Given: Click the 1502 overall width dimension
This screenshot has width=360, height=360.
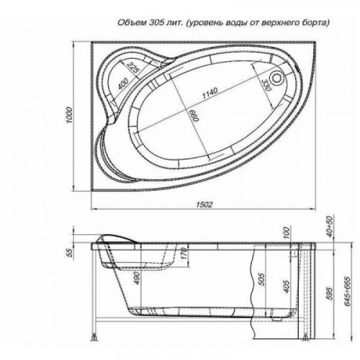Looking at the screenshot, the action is (x=204, y=204).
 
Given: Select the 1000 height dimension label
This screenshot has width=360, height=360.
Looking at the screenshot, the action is (x=69, y=115).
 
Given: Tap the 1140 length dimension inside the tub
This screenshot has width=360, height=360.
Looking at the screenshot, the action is (x=210, y=93).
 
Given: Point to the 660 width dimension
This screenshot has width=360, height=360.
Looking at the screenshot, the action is (x=194, y=115).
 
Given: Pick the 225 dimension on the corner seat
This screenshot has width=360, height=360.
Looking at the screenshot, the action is (x=132, y=68).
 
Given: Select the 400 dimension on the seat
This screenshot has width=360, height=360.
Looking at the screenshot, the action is (x=124, y=84).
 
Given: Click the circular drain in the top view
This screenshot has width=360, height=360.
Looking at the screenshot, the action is (x=277, y=78).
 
